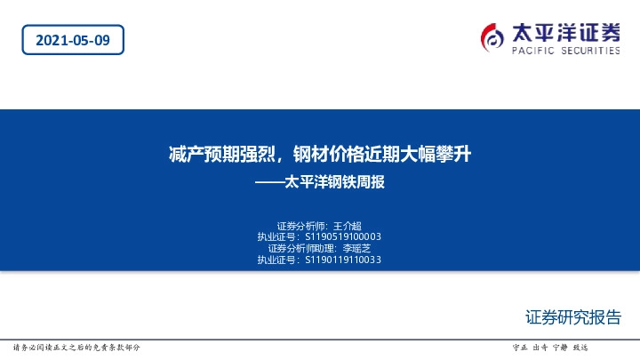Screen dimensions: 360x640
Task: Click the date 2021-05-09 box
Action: pyautogui.click(x=73, y=39)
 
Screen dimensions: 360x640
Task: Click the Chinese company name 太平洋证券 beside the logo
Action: pyautogui.click(x=565, y=32)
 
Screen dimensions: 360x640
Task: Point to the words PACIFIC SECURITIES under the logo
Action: pyautogui.click(x=565, y=52)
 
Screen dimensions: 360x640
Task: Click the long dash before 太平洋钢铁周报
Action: pyautogui.click(x=268, y=184)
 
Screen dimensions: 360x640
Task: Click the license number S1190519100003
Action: pyautogui.click(x=343, y=237)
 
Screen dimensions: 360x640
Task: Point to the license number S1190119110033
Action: pyautogui.click(x=343, y=260)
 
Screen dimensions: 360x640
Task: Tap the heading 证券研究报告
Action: pyautogui.click(x=572, y=317)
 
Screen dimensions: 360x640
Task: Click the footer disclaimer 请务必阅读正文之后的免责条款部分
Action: pyautogui.click(x=76, y=347)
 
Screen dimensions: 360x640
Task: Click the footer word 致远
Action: pyautogui.click(x=580, y=347)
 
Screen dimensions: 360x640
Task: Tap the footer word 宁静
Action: pyautogui.click(x=560, y=347)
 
